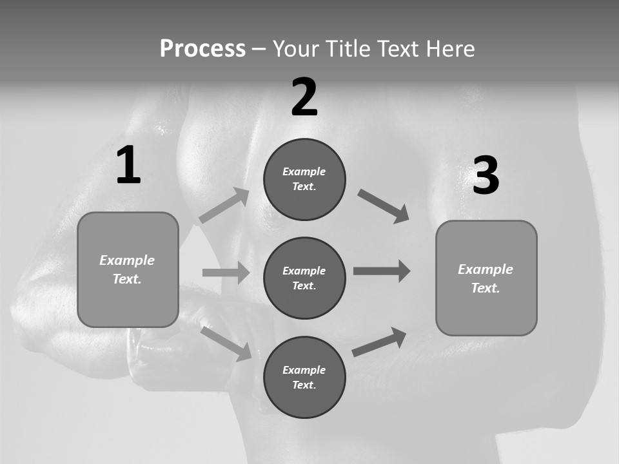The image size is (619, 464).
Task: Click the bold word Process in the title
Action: tap(202, 49)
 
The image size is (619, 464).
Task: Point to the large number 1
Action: tap(128, 166)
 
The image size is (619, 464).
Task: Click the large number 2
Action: tap(304, 97)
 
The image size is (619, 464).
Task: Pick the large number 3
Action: tap(486, 176)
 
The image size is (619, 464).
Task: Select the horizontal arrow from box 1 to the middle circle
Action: tap(226, 273)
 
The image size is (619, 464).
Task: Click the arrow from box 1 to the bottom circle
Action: tap(226, 343)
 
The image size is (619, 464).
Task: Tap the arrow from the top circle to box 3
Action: tap(384, 206)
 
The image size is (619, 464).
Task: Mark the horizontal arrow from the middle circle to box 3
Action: tap(382, 271)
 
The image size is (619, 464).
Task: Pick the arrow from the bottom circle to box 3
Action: tap(379, 342)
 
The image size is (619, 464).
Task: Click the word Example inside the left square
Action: tap(127, 260)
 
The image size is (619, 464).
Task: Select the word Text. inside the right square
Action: tap(486, 288)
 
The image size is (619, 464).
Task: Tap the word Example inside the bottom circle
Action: tap(304, 370)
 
